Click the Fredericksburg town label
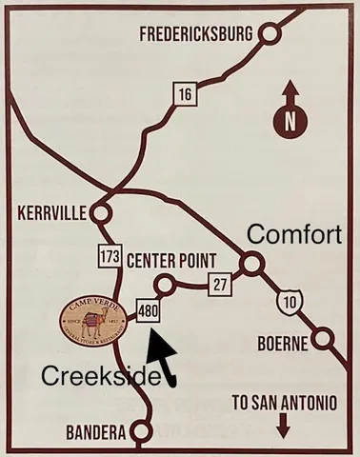[x=195, y=34]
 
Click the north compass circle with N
[x=290, y=121]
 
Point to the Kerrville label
[x=52, y=212]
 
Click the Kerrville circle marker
[x=102, y=211]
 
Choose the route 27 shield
[x=221, y=282]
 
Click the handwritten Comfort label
[x=294, y=234]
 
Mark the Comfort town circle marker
[x=250, y=263]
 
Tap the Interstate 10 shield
[x=288, y=303]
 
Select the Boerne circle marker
[x=326, y=339]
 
